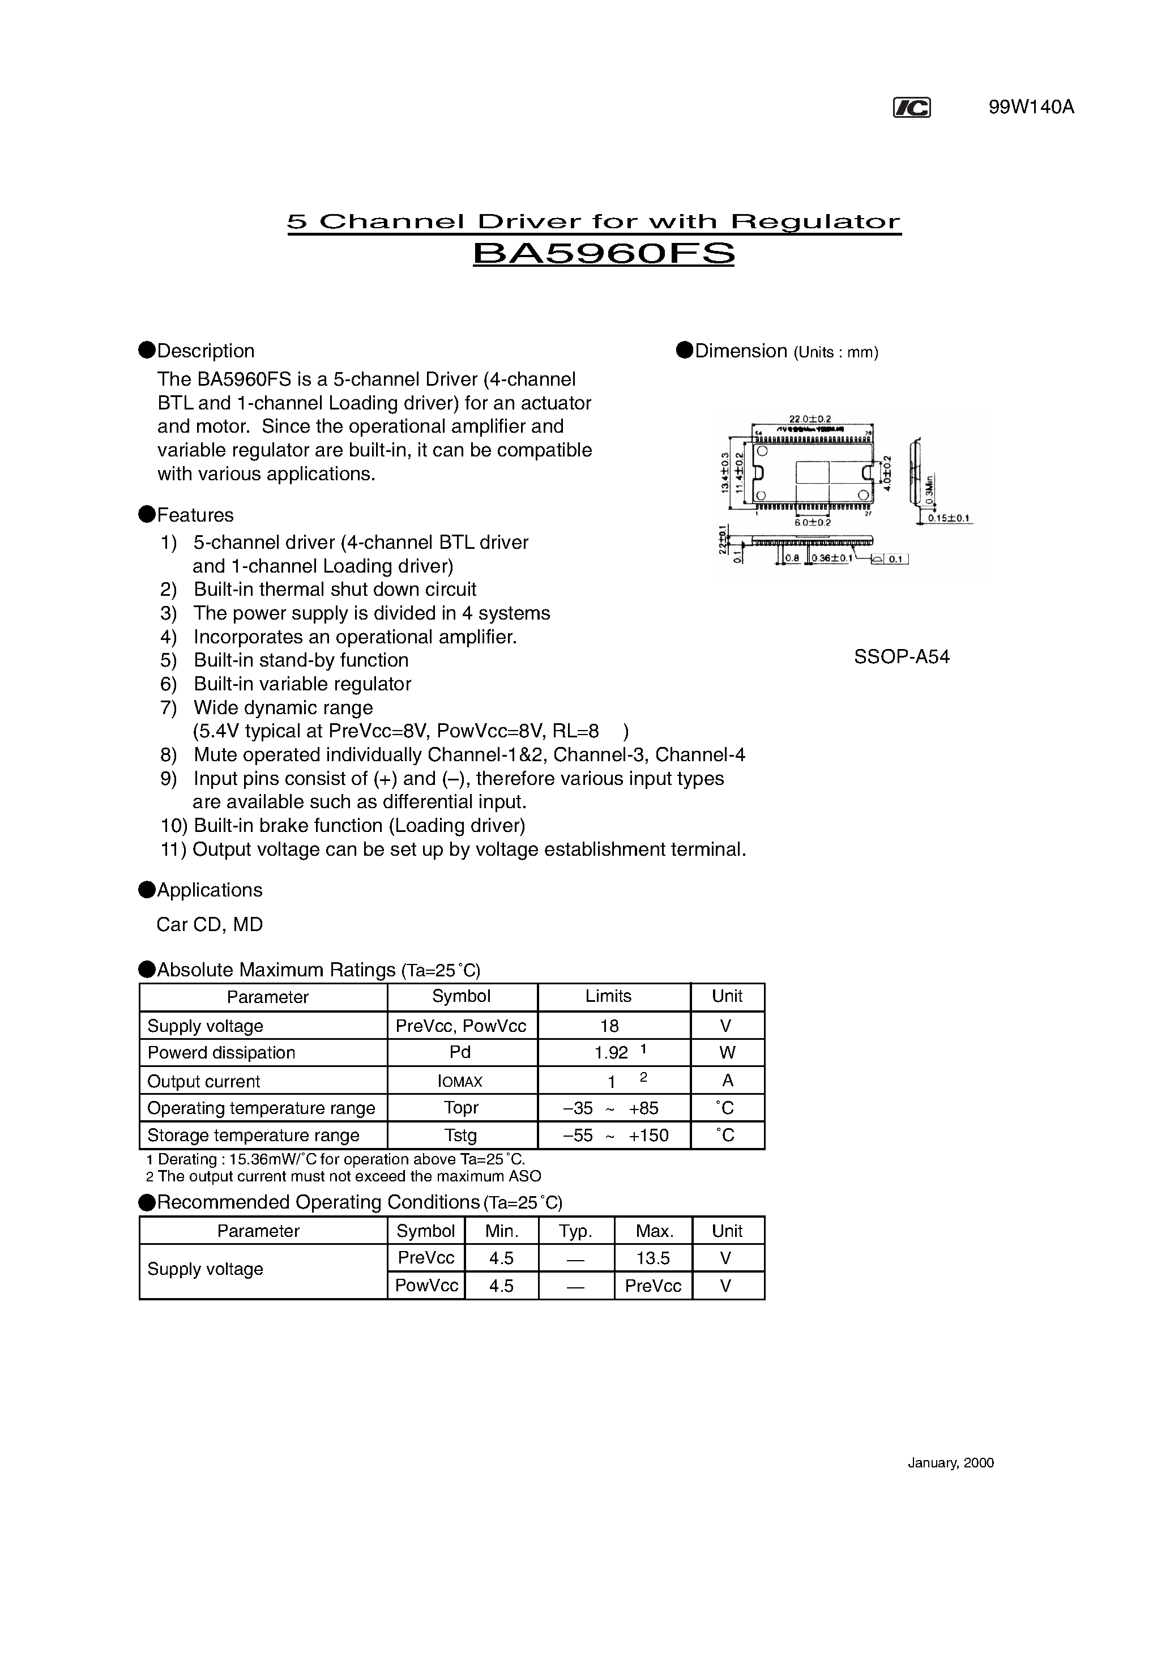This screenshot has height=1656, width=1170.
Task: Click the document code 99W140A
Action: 1031,108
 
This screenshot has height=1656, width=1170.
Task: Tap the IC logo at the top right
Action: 911,108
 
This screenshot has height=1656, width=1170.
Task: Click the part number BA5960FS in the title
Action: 603,254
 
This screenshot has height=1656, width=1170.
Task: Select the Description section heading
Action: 206,351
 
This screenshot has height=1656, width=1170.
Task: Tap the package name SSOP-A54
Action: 901,657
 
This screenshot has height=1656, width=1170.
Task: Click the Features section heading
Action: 195,515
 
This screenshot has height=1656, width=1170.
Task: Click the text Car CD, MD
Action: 209,925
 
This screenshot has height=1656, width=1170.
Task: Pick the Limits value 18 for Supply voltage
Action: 609,1026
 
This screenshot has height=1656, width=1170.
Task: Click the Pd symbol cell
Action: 460,1052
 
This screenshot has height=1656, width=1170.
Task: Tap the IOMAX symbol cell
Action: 460,1081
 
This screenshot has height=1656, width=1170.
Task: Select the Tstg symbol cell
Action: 460,1136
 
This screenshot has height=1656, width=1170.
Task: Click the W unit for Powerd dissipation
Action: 727,1053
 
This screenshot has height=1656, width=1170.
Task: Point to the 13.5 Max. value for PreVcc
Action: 653,1258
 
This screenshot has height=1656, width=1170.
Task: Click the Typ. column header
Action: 575,1231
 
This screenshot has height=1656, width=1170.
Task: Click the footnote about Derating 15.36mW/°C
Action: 335,1160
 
